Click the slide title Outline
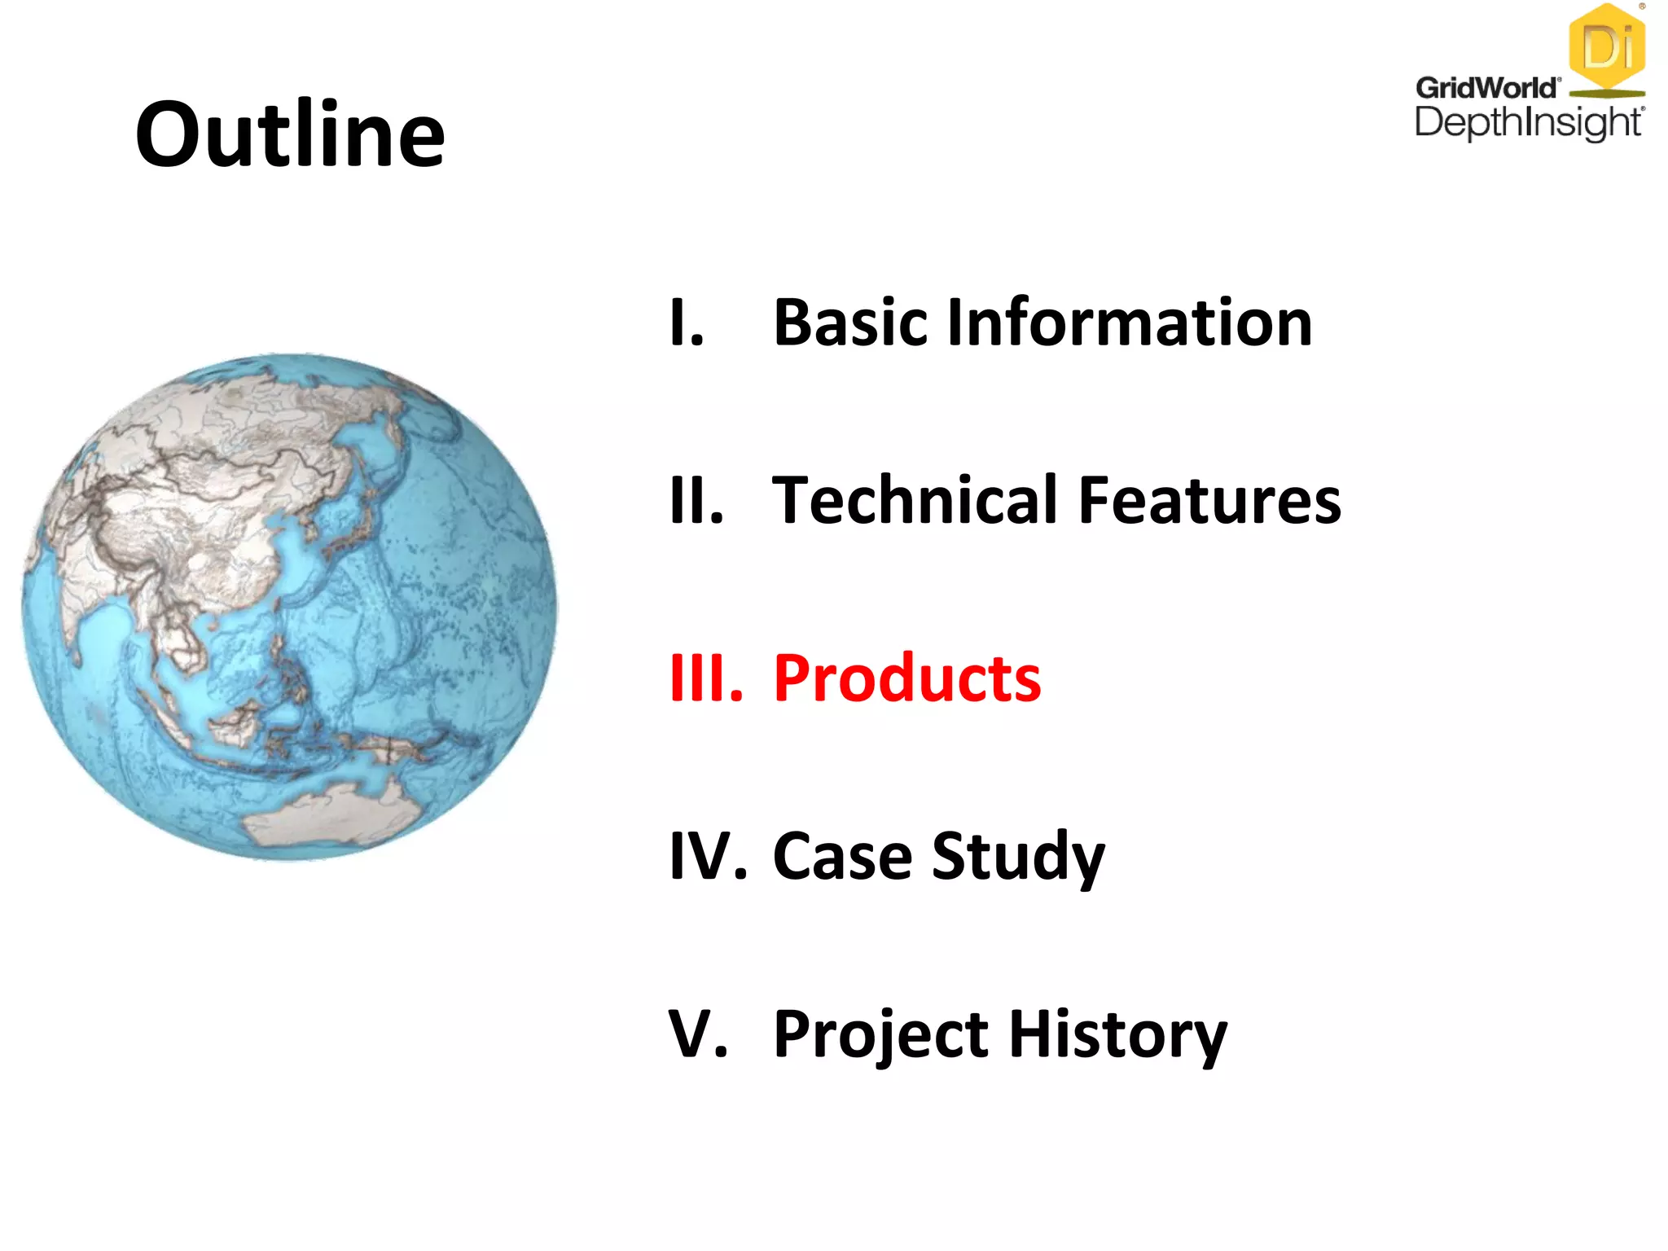pyautogui.click(x=290, y=134)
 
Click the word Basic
pyautogui.click(x=849, y=323)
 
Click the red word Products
pyautogui.click(x=906, y=678)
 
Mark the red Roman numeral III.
pyautogui.click(x=705, y=678)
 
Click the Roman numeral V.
pyautogui.click(x=696, y=1034)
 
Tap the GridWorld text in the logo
pyautogui.click(x=1486, y=87)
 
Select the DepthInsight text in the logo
pyautogui.click(x=1528, y=123)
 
